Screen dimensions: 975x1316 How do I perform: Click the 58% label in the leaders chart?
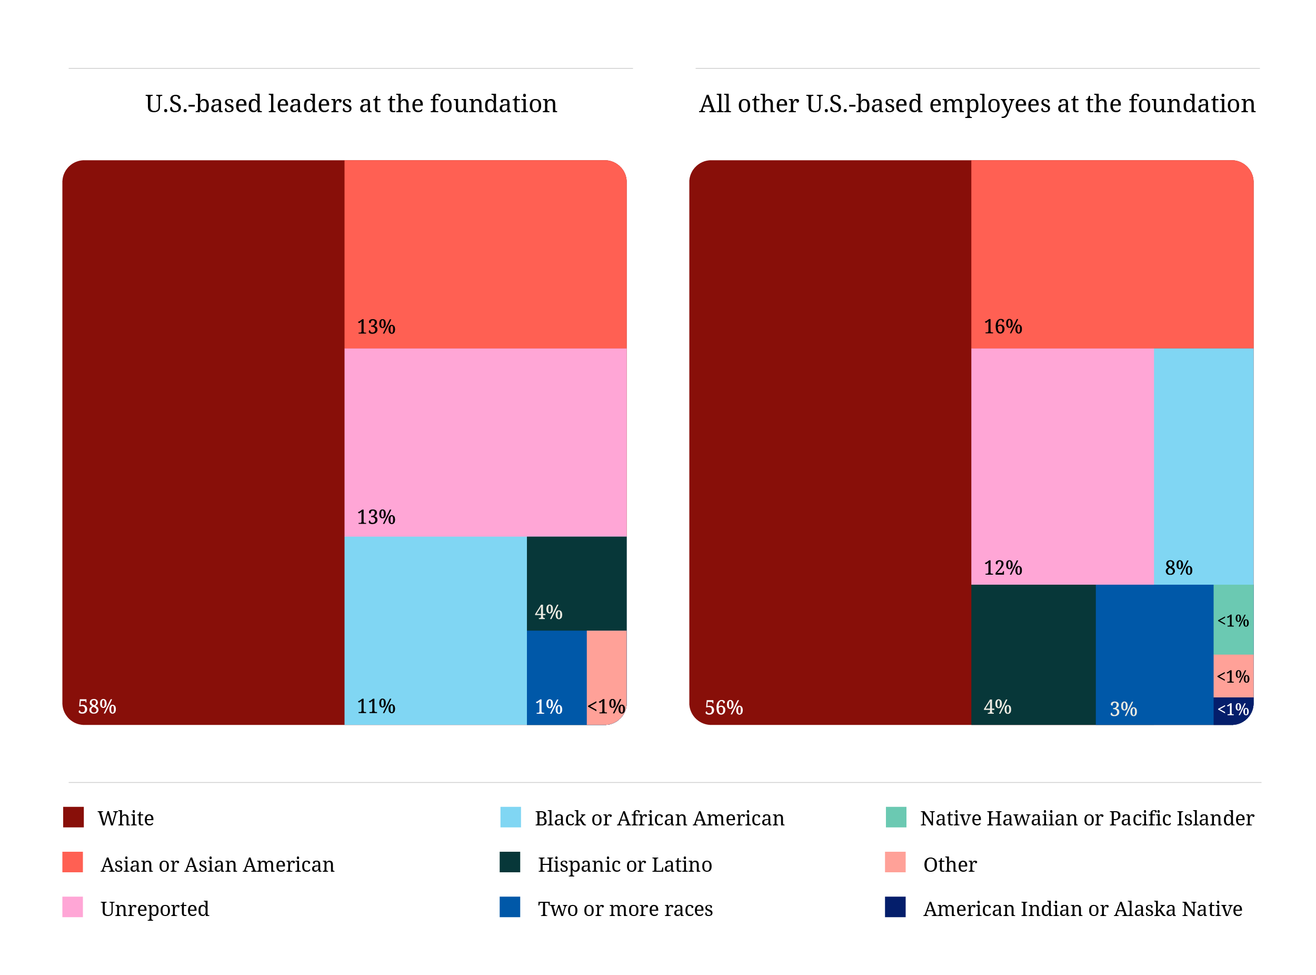coord(97,706)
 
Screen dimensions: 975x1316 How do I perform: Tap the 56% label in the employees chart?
coord(724,707)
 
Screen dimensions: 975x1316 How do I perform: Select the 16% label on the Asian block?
coord(1003,327)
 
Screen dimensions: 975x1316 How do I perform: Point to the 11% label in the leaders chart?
coord(376,706)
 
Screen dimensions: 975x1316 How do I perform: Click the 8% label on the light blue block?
coord(1179,568)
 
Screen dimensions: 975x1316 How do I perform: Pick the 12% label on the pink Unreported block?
coord(1003,568)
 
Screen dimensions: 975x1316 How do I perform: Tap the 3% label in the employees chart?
coord(1123,709)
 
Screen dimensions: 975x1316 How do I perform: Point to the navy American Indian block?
coord(1233,710)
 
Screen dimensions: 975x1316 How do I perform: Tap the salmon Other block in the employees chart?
coord(1233,676)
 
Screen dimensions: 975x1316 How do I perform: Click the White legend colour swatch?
coord(74,817)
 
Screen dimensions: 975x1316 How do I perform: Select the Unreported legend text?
coord(155,909)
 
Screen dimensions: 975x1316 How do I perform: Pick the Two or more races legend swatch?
coord(510,907)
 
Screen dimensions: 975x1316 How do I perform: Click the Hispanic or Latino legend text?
coord(625,864)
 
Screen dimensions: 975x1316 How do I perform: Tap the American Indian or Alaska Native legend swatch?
coord(895,907)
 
